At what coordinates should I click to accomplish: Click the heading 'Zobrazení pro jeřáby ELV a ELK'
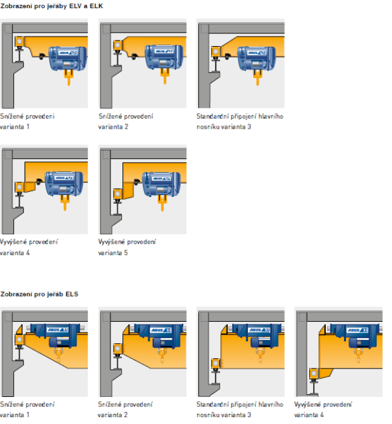(x=51, y=6)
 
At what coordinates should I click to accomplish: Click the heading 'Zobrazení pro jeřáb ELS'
(x=39, y=294)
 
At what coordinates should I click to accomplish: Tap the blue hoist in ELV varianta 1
(x=68, y=59)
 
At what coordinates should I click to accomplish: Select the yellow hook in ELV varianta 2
(x=165, y=76)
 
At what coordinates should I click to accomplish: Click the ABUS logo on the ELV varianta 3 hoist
(x=257, y=53)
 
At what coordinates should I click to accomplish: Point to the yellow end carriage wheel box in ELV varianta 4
(x=19, y=187)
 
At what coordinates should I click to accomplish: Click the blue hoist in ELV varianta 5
(x=161, y=184)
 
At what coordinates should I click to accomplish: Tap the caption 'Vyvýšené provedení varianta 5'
(x=127, y=247)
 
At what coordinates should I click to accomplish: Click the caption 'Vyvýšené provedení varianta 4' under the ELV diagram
(x=29, y=247)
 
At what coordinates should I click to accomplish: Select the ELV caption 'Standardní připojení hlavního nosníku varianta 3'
(x=240, y=121)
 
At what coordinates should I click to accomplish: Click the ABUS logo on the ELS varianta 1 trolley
(x=57, y=329)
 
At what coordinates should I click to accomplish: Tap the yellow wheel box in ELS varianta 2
(x=117, y=348)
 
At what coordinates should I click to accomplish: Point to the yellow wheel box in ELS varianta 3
(x=216, y=363)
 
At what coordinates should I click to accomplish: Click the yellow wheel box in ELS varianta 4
(x=314, y=374)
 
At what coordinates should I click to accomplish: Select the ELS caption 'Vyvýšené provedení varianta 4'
(x=323, y=409)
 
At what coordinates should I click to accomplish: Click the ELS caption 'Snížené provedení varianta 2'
(x=125, y=409)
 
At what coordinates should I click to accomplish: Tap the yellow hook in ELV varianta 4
(x=65, y=203)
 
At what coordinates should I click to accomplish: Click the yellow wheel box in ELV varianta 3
(x=216, y=51)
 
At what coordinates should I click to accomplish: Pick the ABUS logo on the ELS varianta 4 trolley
(x=357, y=330)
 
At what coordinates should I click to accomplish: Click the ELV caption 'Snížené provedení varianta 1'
(x=27, y=121)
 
